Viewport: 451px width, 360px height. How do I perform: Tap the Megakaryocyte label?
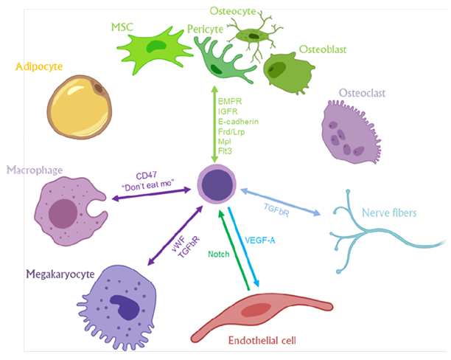click(60, 274)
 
